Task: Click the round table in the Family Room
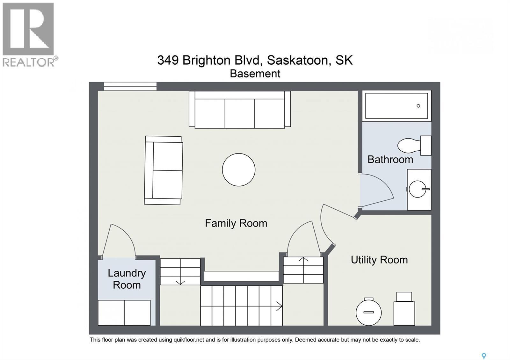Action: pyautogui.click(x=239, y=170)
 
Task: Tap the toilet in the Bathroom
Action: pyautogui.click(x=414, y=146)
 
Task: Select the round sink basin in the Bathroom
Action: pyautogui.click(x=417, y=189)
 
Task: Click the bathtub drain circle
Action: pyautogui.click(x=418, y=106)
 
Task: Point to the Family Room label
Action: pyautogui.click(x=236, y=223)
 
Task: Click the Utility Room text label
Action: pyautogui.click(x=379, y=260)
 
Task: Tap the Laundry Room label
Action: pyautogui.click(x=127, y=279)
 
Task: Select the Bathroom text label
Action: pyautogui.click(x=390, y=160)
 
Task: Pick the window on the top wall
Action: pyautogui.click(x=130, y=86)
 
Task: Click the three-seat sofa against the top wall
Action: pyautogui.click(x=240, y=110)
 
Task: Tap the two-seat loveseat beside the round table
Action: pyautogui.click(x=163, y=170)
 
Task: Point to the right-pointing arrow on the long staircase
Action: pyautogui.click(x=279, y=306)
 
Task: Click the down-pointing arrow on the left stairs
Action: pyautogui.click(x=180, y=282)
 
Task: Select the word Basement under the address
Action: pyautogui.click(x=255, y=74)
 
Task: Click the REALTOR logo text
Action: pyautogui.click(x=29, y=62)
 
